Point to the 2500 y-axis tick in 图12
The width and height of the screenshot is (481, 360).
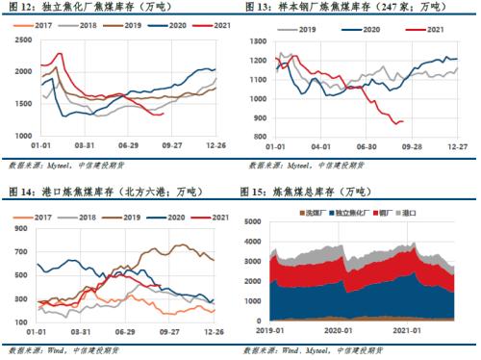point(19,43)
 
